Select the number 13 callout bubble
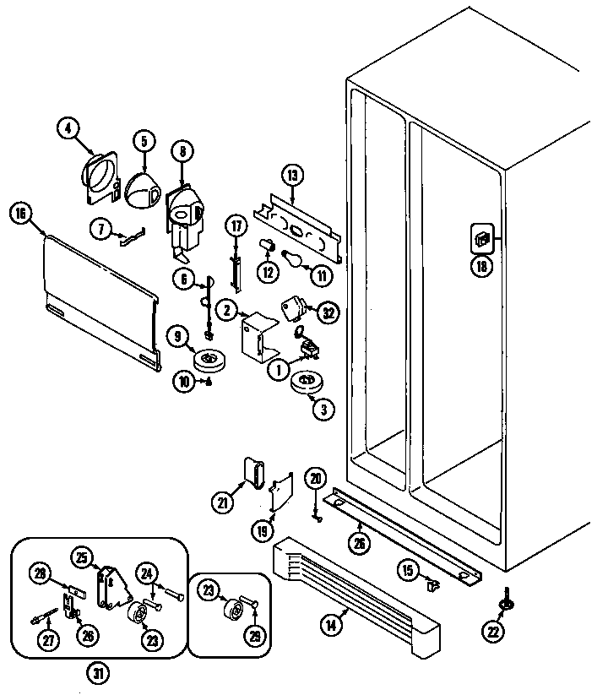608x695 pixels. coord(292,176)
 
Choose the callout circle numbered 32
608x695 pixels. coord(328,312)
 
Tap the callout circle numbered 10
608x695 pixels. coord(183,381)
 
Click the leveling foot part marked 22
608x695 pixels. coord(507,601)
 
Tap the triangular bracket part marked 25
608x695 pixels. coord(111,585)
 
